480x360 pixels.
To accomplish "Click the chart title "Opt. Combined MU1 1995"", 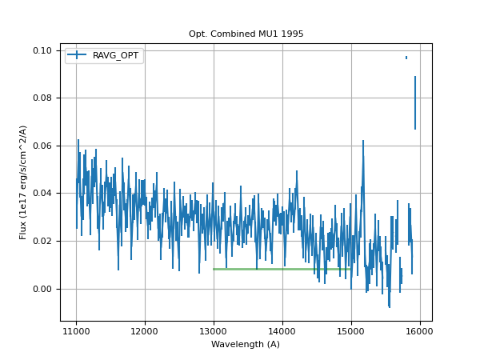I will (246, 34).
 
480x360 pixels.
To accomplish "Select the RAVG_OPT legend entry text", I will (116, 56).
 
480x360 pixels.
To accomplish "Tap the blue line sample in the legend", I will (78, 56).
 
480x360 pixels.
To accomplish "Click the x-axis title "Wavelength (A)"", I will (246, 345).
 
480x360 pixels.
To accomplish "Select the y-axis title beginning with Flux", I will (23, 182).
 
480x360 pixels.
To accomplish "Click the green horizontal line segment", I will (280, 269).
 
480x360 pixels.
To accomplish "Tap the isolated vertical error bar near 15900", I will (415, 102).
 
